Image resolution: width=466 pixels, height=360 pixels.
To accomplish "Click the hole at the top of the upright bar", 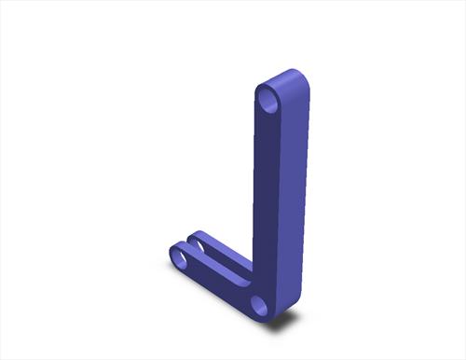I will [x=269, y=97].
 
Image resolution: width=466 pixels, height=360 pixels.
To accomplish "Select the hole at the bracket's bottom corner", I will [x=260, y=304].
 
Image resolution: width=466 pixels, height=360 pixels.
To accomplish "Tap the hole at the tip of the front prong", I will [x=179, y=254].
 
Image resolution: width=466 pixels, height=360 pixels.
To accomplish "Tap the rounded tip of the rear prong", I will [x=197, y=235].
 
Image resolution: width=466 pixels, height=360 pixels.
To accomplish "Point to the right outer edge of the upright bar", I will [x=308, y=187].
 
